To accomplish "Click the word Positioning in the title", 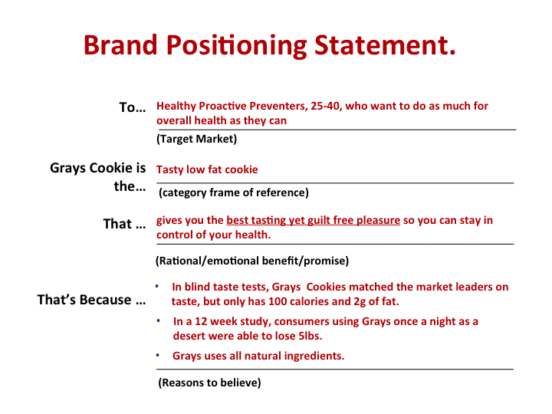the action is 237,46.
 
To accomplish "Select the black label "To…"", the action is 133,107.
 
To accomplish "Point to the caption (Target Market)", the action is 197,139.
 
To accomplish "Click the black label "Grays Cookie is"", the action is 98,168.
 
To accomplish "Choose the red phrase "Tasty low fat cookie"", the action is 207,169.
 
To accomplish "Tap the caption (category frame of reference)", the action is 234,192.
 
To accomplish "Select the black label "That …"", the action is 124,224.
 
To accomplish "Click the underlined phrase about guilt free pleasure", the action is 314,220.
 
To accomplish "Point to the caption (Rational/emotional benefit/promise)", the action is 252,261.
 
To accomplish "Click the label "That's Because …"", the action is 91,300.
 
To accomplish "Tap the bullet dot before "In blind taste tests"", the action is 157,287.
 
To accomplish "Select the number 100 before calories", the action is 278,302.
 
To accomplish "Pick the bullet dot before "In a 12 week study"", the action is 159,320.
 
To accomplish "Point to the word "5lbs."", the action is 310,336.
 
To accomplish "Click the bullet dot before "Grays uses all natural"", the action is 158,355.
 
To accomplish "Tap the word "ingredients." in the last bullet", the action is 314,356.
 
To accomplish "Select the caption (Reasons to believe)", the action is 209,383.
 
